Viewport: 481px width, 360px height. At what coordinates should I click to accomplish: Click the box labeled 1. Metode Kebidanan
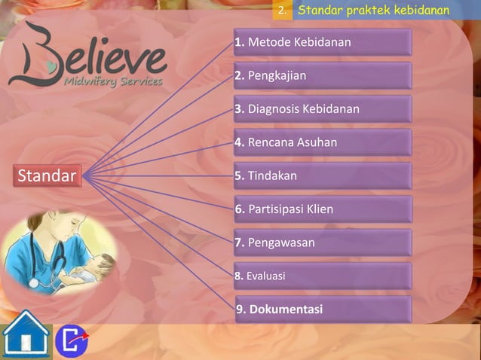pos(323,43)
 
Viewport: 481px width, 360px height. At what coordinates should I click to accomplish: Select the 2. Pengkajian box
pos(323,76)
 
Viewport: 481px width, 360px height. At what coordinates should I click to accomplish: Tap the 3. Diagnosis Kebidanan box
pos(323,109)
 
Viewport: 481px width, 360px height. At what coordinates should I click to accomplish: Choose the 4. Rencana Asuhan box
pos(323,142)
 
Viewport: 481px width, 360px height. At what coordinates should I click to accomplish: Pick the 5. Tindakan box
pos(323,176)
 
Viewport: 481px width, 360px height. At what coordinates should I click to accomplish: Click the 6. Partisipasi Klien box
pos(323,209)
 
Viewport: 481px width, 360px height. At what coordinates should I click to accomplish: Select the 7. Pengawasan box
pos(323,243)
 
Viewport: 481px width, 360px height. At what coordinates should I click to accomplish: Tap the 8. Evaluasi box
pos(323,276)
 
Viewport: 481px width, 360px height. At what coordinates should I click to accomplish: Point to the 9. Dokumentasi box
pos(323,310)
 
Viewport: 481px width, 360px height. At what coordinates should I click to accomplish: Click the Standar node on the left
pos(47,177)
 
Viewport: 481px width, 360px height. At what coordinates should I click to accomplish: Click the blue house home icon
pos(25,335)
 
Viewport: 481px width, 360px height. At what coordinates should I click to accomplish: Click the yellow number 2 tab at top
pos(281,11)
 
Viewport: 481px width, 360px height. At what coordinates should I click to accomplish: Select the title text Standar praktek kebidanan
pos(373,11)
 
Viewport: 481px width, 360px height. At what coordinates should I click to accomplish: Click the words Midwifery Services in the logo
pos(113,81)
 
